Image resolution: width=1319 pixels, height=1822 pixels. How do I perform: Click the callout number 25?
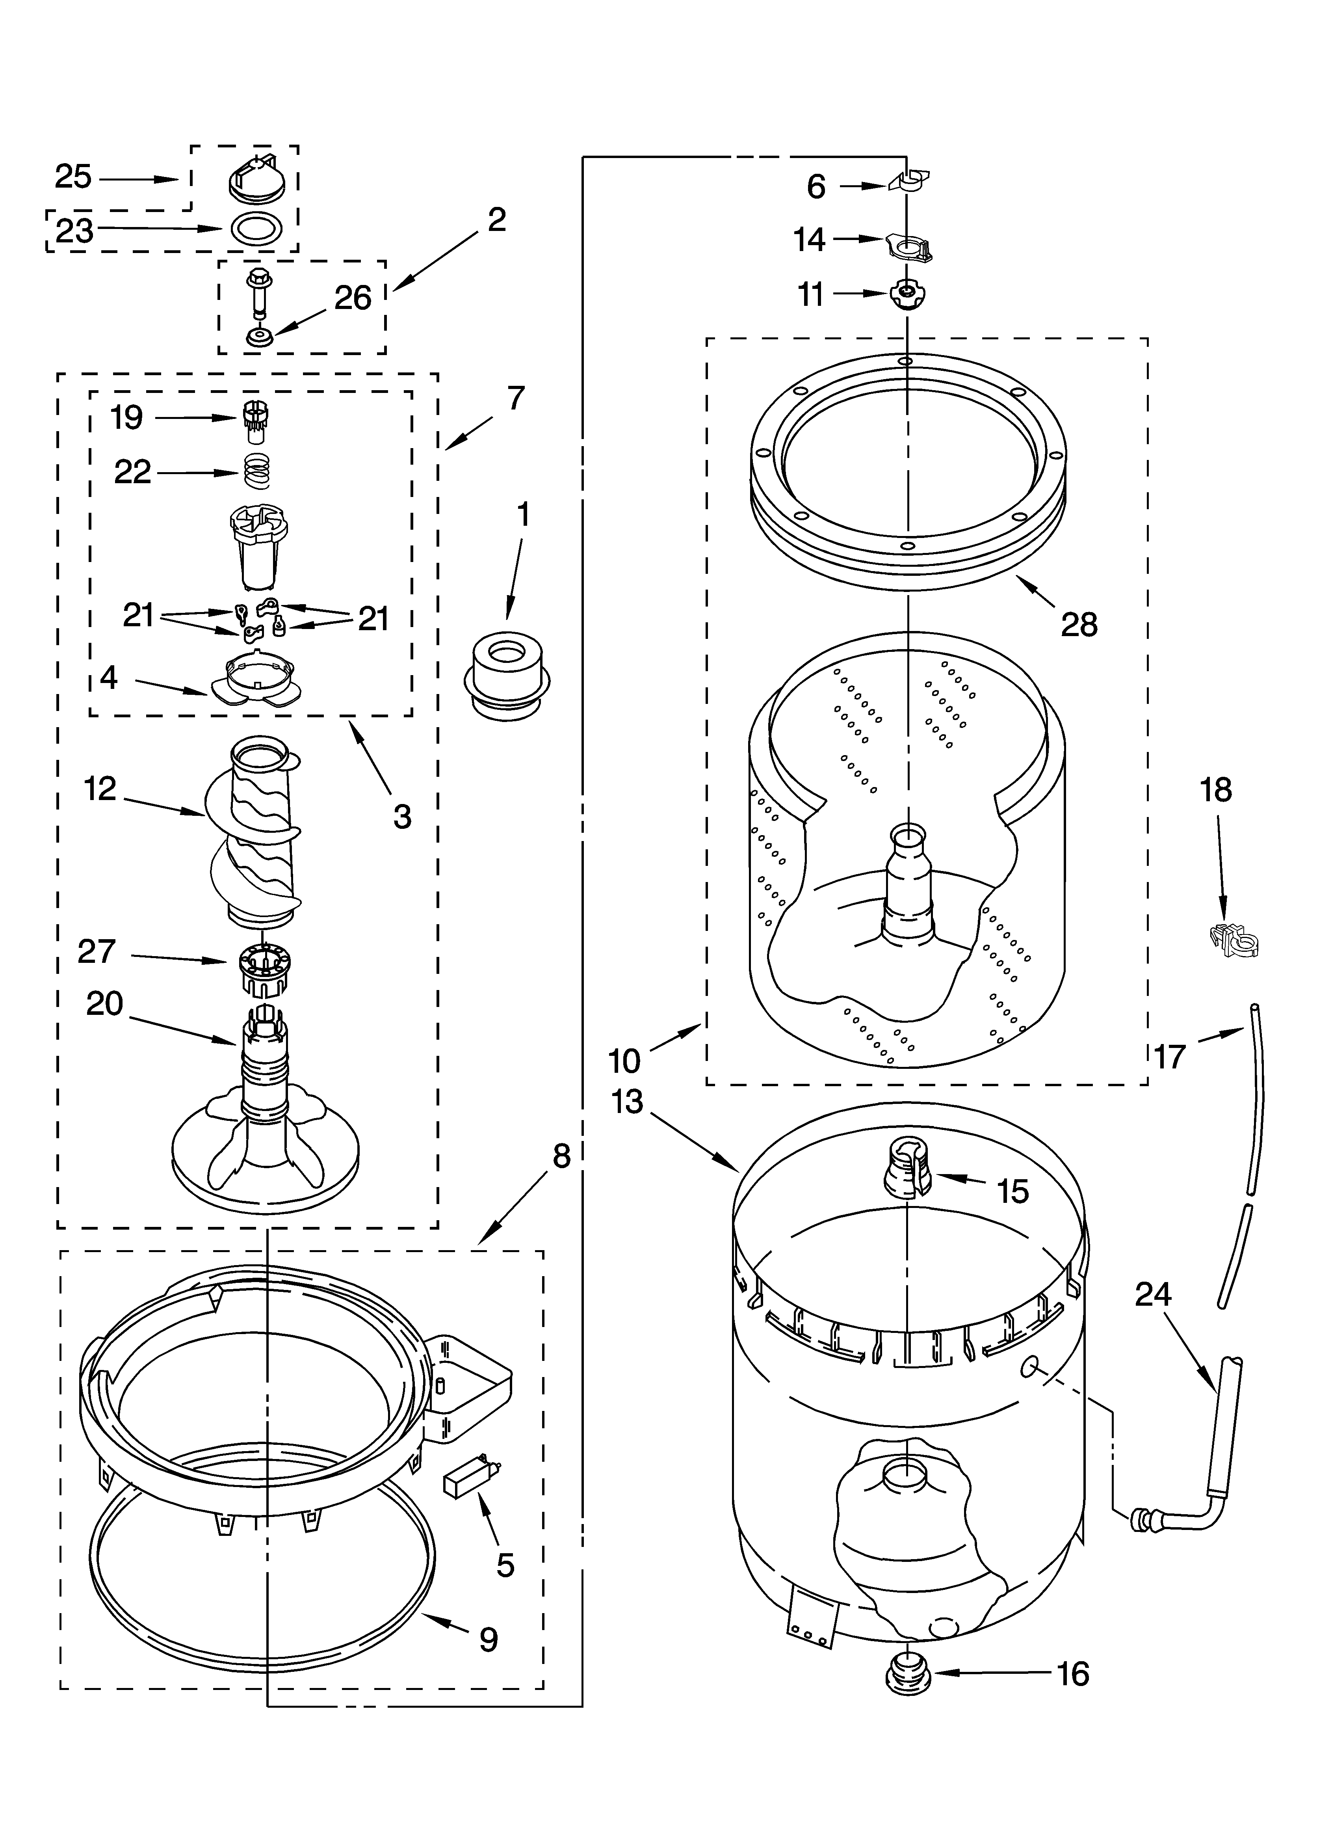tap(73, 177)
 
